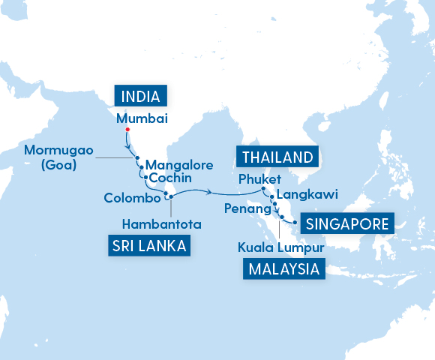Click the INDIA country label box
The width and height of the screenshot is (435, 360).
click(141, 95)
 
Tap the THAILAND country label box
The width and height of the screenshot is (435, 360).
click(277, 157)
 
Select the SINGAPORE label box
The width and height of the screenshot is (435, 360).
click(346, 223)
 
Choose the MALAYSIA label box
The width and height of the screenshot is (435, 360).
click(283, 269)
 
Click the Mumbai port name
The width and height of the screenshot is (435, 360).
click(142, 118)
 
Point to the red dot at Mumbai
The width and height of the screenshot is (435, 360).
click(127, 130)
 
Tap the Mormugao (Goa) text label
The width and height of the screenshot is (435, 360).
click(58, 157)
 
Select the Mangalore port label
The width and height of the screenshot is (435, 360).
click(179, 165)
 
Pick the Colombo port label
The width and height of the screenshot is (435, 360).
click(133, 198)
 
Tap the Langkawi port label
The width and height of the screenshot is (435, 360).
click(307, 195)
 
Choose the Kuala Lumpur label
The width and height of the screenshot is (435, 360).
click(280, 247)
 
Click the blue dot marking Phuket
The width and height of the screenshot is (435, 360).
click(263, 189)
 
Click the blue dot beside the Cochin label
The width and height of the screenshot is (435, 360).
click(145, 178)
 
